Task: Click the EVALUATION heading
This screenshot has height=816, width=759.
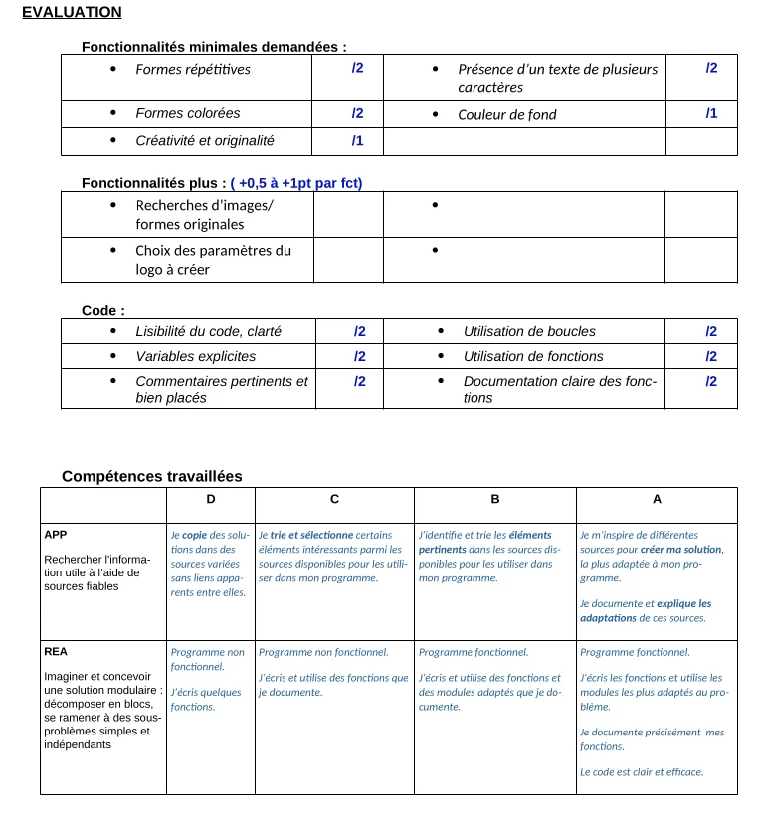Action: pos(72,12)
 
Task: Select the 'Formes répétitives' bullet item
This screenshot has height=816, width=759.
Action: pos(193,69)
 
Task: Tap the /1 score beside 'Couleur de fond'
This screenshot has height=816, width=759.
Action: pos(711,114)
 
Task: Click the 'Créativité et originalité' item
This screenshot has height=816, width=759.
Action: pos(204,141)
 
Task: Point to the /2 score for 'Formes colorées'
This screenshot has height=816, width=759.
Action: pos(357,114)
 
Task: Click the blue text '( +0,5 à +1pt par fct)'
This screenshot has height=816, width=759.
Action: pos(295,183)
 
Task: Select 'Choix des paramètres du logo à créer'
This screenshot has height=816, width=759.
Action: pos(213,260)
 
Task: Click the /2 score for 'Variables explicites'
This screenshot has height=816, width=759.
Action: pos(359,356)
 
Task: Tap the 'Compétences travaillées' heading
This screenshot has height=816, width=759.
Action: pos(151,476)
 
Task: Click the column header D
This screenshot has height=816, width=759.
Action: pos(210,499)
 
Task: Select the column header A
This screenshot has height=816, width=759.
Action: pos(657,499)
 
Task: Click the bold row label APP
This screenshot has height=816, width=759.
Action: pos(56,535)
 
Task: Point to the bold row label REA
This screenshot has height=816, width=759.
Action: pos(56,653)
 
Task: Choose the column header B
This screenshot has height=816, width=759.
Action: pos(494,499)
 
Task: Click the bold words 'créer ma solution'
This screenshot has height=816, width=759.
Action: pos(681,550)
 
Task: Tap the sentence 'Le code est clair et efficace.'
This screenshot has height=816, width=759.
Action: pos(641,771)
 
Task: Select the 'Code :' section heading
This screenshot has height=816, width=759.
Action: pos(102,310)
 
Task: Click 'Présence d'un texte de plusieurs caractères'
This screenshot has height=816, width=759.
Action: pos(557,78)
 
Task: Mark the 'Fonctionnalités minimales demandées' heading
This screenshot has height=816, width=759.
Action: pos(214,47)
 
